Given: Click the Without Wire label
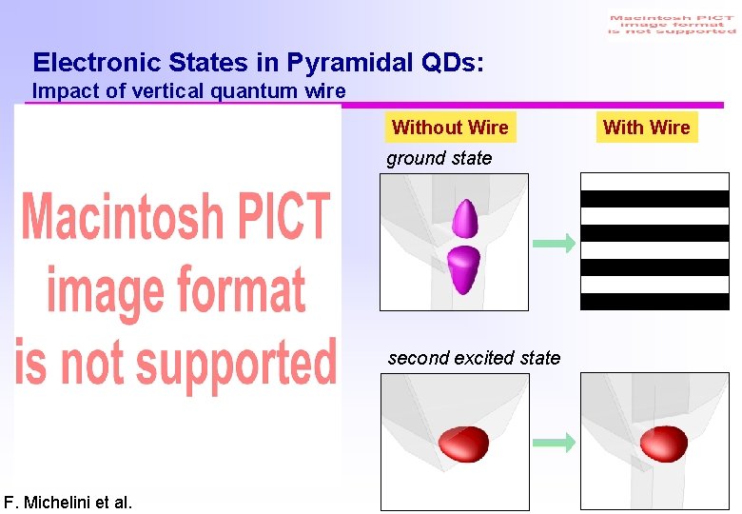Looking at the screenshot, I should pyautogui.click(x=450, y=128).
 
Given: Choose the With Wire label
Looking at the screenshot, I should pyautogui.click(x=647, y=128).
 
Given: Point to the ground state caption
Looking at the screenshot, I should pyautogui.click(x=439, y=158).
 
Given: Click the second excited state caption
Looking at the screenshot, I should pyautogui.click(x=474, y=358).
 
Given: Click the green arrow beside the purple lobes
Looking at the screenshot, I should pyautogui.click(x=554, y=244).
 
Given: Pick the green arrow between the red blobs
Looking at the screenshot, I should pyautogui.click(x=554, y=442).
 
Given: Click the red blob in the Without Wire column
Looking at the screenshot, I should pyautogui.click(x=463, y=443).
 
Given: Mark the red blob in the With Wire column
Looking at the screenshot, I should pyautogui.click(x=664, y=443).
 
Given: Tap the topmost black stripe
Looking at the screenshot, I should pyautogui.click(x=654, y=199).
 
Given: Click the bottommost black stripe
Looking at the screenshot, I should pyautogui.click(x=654, y=302).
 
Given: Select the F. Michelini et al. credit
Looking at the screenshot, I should pyautogui.click(x=68, y=502).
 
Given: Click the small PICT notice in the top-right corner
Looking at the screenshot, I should pyautogui.click(x=672, y=25).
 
